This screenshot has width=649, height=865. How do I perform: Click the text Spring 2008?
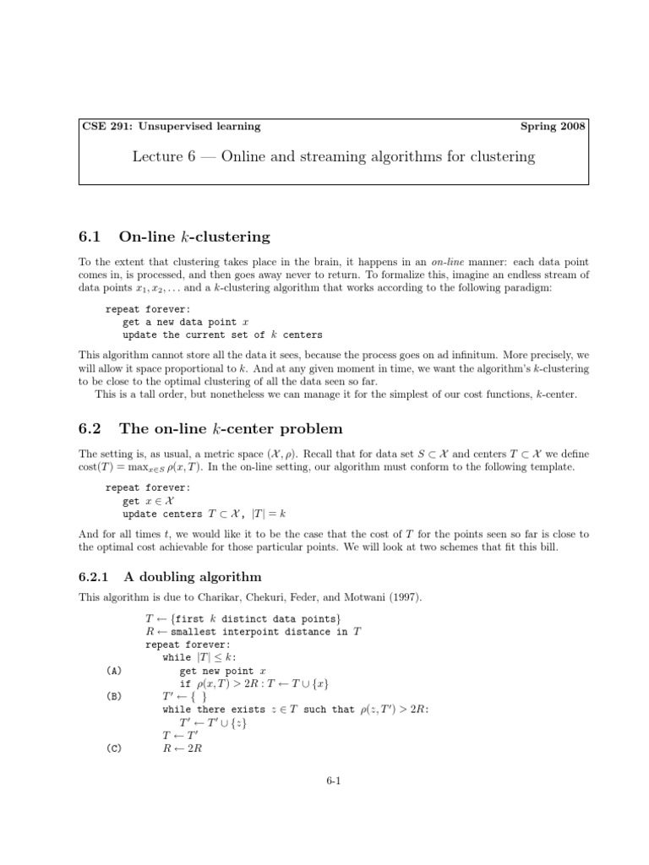click(554, 127)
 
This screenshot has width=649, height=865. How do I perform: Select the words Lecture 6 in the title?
click(160, 156)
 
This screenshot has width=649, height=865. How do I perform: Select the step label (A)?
click(115, 670)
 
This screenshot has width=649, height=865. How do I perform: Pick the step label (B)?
click(115, 696)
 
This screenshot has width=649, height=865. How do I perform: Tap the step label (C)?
click(115, 748)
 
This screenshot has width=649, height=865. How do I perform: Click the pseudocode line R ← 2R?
click(178, 748)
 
